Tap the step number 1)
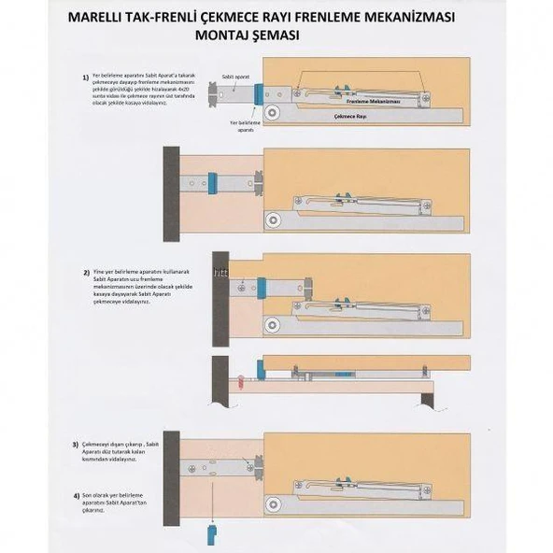[86, 76]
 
